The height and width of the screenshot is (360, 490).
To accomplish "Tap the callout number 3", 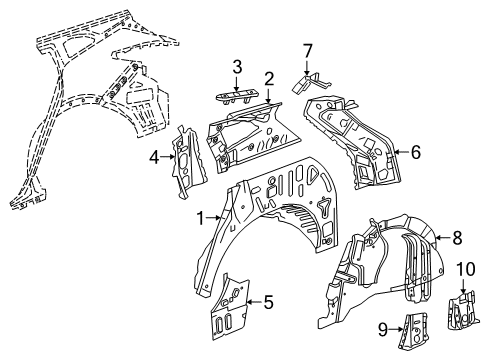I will (x=236, y=67).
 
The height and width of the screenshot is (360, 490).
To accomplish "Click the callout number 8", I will (x=457, y=239).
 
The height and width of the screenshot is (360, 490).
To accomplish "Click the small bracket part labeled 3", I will (x=237, y=93).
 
